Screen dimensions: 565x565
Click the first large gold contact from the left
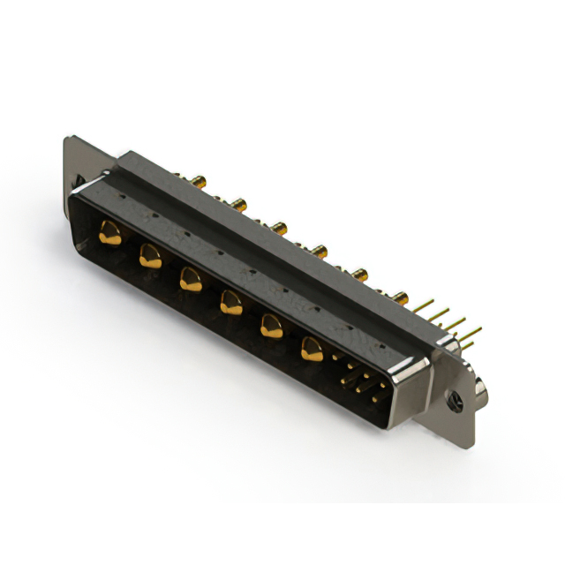(x=109, y=234)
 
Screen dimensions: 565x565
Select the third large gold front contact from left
(x=190, y=280)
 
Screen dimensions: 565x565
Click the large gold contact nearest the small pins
(x=312, y=350)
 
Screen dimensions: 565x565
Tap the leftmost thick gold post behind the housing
(x=200, y=182)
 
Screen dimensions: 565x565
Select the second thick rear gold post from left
(x=238, y=205)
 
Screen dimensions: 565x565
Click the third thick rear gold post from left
(x=278, y=229)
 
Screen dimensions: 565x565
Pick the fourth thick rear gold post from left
(x=319, y=252)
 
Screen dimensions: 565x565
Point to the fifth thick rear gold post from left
(x=361, y=275)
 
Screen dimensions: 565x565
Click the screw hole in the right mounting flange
(x=457, y=403)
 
